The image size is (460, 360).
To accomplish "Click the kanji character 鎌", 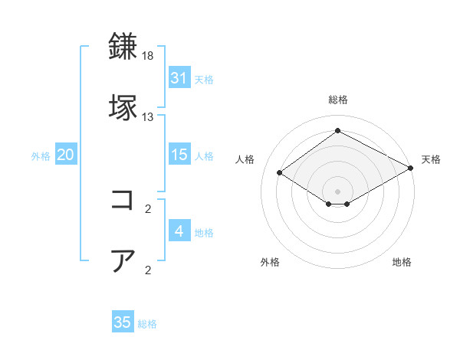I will coord(123,47).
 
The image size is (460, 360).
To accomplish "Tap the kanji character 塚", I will coord(123,107).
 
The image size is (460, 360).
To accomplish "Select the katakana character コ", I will coord(123,200).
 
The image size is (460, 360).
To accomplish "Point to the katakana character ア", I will coord(123,260).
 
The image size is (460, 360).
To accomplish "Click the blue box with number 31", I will coord(179,78).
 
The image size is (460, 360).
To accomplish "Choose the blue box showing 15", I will coord(179,155).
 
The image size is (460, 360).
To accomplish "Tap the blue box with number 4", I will coord(179,231).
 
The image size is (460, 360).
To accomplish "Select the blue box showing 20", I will coord(65,155).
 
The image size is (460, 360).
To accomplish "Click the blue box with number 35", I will coord(123,322).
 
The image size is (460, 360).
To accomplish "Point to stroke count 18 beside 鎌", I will coord(148,57).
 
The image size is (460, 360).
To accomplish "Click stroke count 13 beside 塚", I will coord(148,117).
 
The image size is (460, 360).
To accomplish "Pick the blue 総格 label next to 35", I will coord(147,324).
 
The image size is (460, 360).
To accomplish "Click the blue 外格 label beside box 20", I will coord(41,155).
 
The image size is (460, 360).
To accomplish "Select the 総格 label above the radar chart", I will coord(337,100).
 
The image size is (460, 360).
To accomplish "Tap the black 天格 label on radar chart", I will coord(431,159).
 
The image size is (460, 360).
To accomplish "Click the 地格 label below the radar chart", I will coord(402,262).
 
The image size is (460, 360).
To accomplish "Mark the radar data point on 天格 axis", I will coord(411,169).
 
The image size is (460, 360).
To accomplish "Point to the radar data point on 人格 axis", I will coord(280,173).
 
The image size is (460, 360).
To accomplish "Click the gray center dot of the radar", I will coord(337,190).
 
